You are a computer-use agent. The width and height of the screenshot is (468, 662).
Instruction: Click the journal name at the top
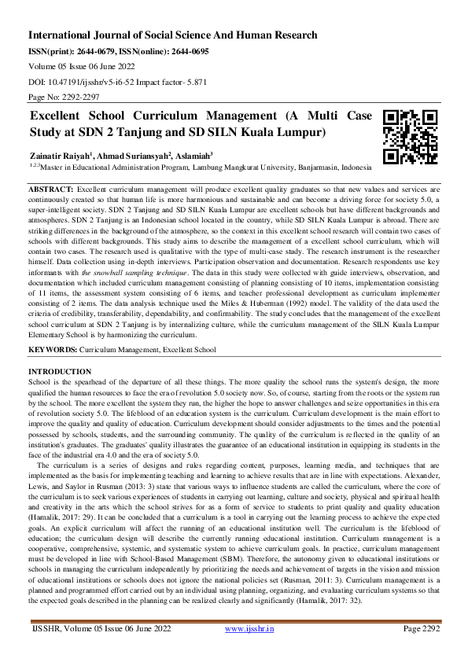point(173,35)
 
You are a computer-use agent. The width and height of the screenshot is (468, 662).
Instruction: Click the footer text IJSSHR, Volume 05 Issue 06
point(87,651)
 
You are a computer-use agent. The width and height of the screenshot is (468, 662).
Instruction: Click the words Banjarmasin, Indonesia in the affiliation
point(327,167)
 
